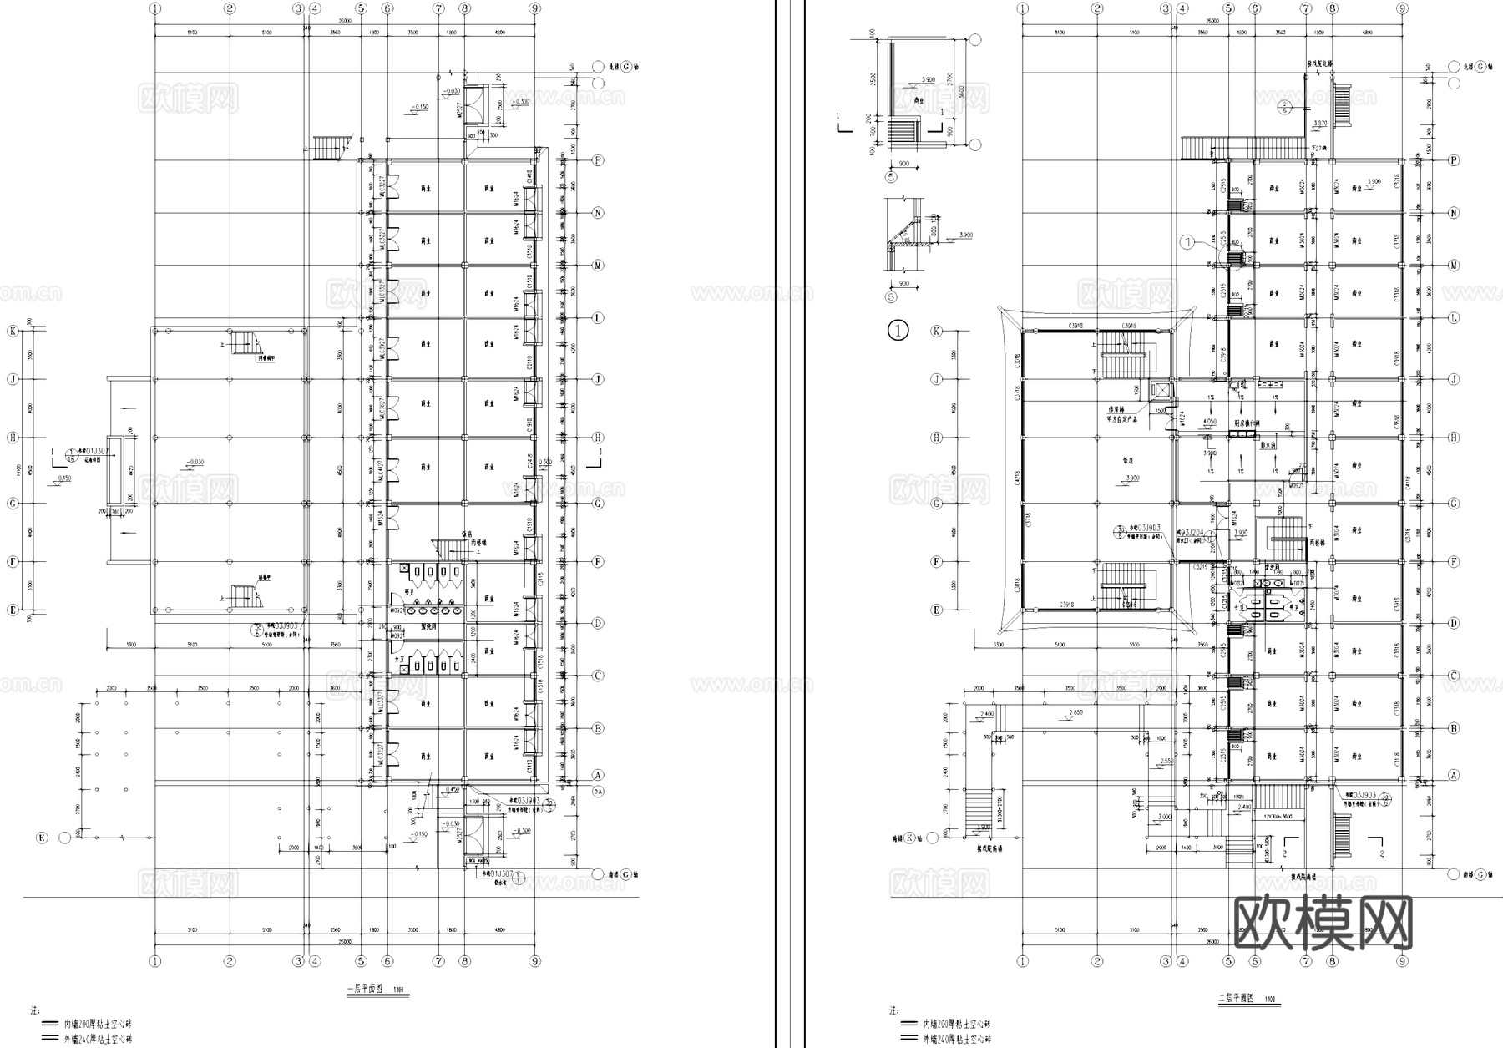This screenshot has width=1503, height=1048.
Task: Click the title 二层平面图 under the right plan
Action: coord(1237,998)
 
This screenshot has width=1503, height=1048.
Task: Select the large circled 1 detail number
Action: coord(898,331)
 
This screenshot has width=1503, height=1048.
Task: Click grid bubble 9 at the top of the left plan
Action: coord(534,8)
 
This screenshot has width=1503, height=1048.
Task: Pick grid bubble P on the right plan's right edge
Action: coord(1453,160)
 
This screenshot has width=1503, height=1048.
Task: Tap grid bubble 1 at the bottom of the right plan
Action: coord(1022,962)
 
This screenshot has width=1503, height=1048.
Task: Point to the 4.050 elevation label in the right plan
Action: coord(1209,421)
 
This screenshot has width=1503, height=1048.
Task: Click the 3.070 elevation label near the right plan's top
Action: coord(1319,123)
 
